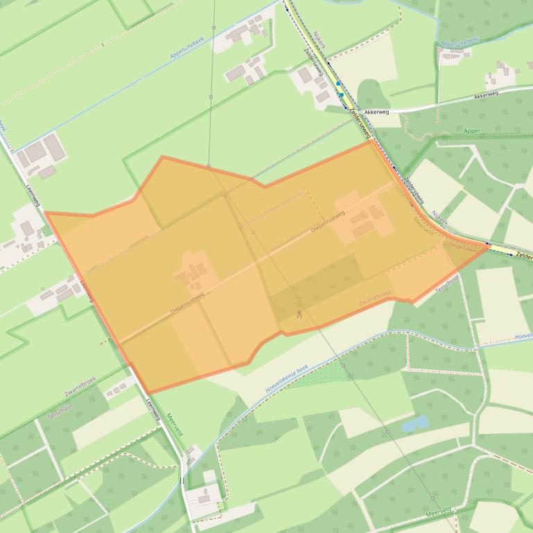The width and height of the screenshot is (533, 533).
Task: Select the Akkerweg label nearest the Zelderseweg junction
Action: tap(377, 111)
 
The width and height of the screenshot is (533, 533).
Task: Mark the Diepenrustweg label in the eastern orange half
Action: tap(328, 221)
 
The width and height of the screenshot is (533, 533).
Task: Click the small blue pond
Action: tap(414, 423)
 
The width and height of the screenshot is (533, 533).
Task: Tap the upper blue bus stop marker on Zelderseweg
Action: tap(338, 84)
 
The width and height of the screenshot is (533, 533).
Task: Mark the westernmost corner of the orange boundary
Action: tap(45, 214)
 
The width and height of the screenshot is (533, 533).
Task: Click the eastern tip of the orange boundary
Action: tap(489, 245)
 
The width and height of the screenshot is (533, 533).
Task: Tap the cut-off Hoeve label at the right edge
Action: tap(523, 336)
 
